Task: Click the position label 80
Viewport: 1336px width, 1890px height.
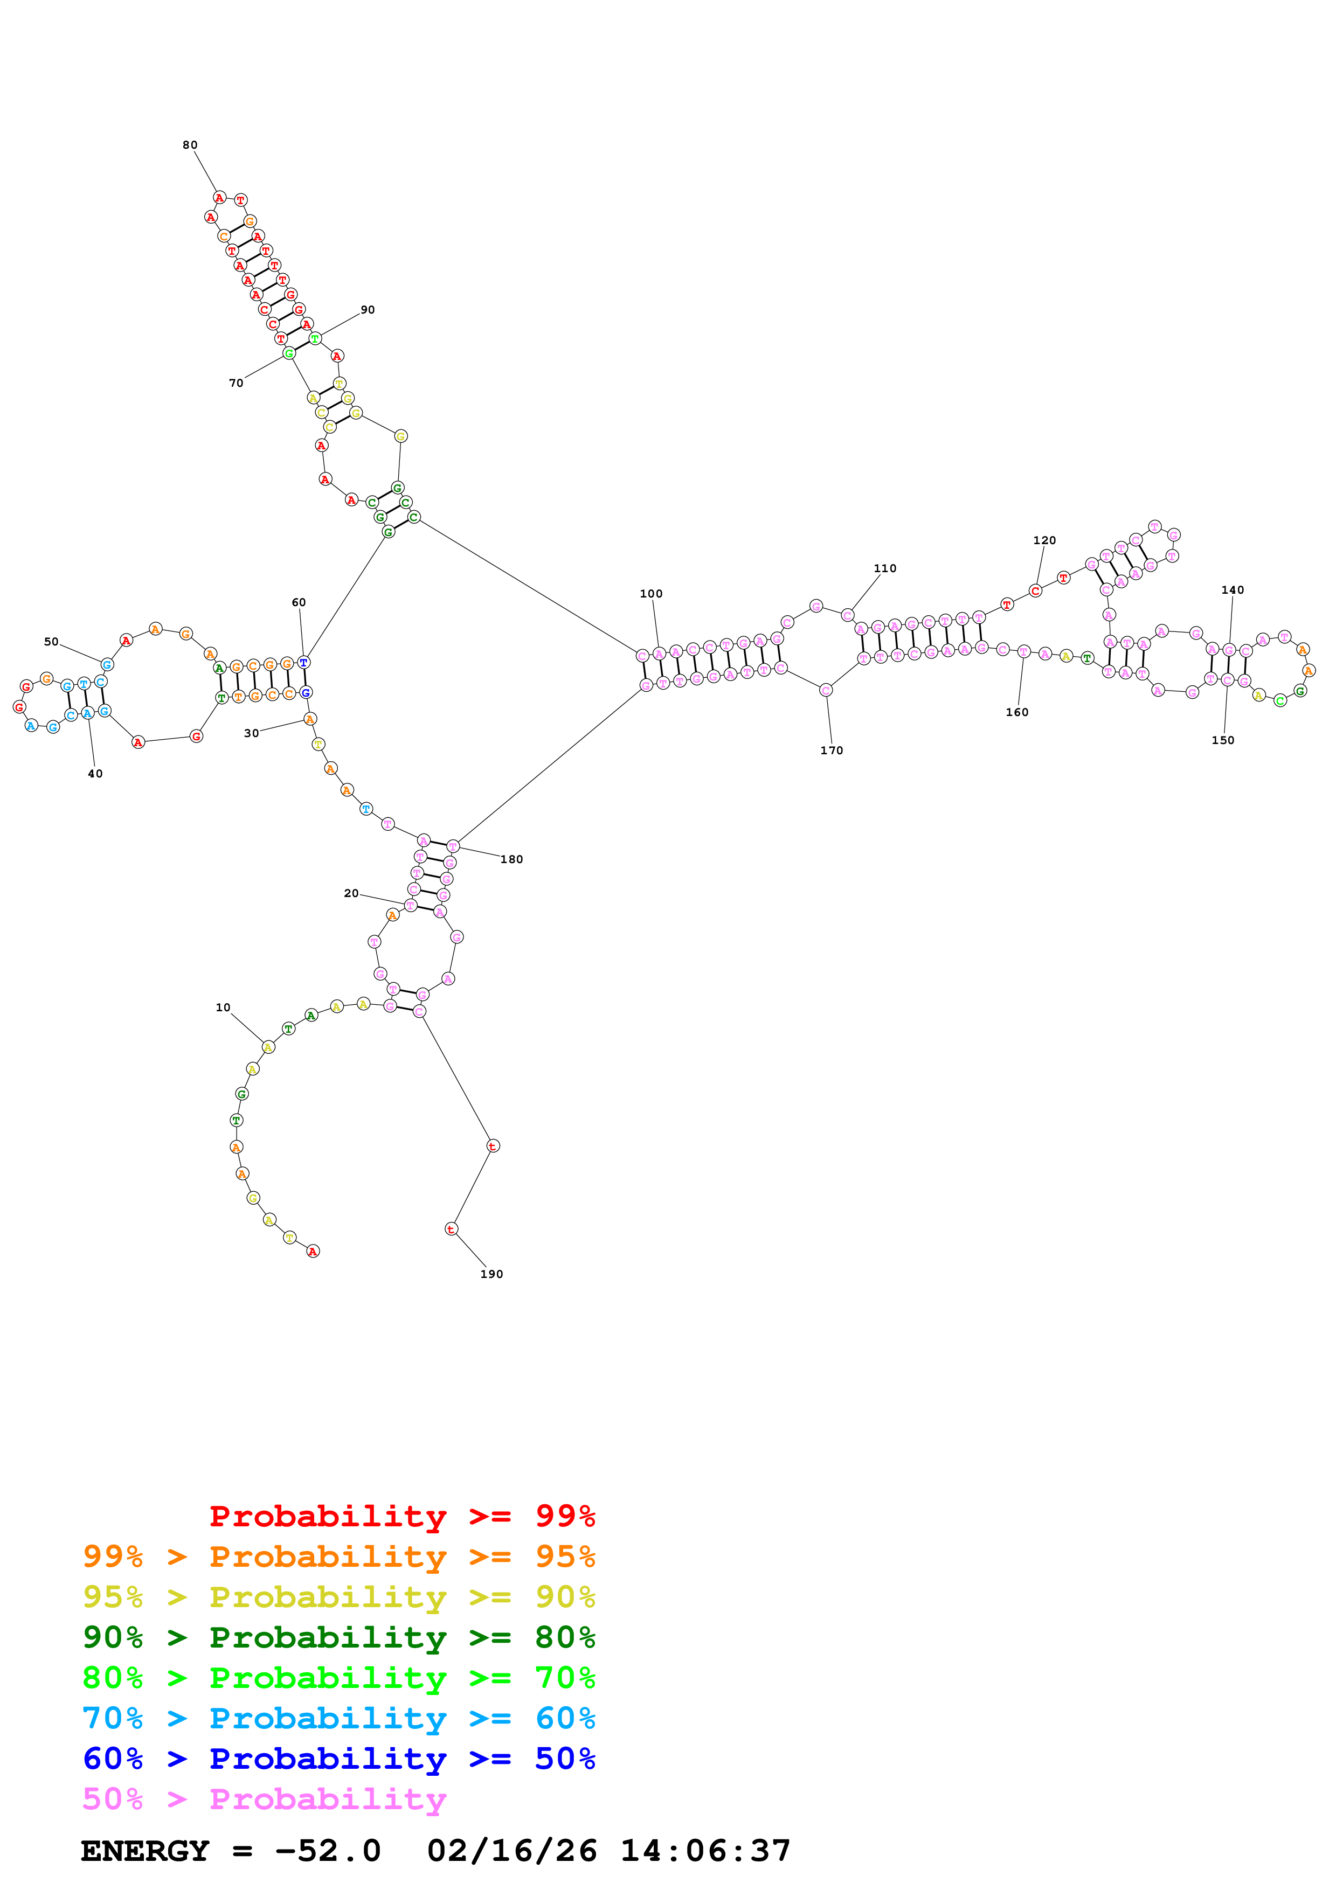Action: pos(190,145)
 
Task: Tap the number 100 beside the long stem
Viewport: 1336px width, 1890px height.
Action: pos(650,594)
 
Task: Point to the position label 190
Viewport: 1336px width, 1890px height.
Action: pos(492,1274)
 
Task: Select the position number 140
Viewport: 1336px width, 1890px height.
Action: pos(1233,590)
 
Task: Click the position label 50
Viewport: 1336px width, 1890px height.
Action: pos(51,642)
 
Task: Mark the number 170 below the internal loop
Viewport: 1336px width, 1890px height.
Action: pos(832,751)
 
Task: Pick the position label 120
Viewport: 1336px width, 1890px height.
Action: pos(1044,541)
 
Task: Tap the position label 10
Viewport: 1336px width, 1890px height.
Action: pos(223,1007)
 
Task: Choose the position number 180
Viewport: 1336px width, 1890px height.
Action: pos(511,859)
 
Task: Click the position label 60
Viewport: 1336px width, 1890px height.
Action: pos(299,602)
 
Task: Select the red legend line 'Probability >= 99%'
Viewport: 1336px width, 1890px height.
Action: pos(402,1516)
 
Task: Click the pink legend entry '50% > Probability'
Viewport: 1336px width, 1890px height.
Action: pos(264,1799)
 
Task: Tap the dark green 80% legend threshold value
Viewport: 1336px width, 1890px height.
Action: pos(565,1637)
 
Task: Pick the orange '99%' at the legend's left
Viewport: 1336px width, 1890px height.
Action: pos(113,1557)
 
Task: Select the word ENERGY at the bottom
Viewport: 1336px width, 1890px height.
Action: pos(145,1851)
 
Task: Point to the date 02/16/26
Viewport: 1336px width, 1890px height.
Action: pos(511,1851)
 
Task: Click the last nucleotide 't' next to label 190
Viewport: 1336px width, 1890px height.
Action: pos(451,1229)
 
